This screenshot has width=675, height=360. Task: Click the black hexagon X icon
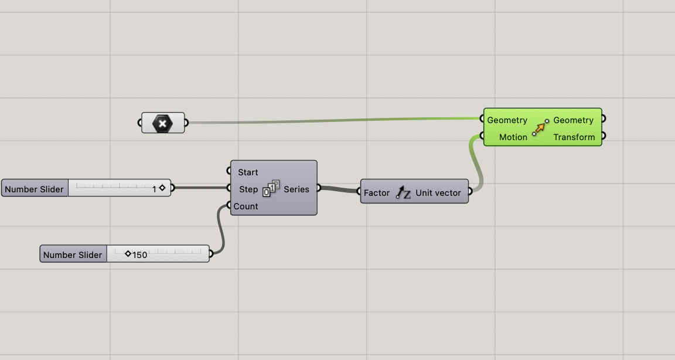163,123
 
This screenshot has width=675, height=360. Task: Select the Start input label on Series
248,172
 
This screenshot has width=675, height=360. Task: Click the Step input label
248,189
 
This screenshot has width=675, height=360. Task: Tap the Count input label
246,206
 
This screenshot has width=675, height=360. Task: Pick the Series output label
296,189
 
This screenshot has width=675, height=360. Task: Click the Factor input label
377,193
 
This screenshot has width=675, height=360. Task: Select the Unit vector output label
438,193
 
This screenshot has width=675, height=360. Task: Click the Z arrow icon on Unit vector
403,192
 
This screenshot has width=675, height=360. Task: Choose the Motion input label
513,137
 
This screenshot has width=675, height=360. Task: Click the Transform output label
574,137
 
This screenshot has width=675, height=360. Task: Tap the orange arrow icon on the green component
540,127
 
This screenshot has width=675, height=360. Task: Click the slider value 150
140,255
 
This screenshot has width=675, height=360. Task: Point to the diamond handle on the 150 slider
128,254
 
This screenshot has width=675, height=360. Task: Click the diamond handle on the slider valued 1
162,189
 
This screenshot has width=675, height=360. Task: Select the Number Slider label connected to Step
34,189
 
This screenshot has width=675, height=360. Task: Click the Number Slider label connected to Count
73,255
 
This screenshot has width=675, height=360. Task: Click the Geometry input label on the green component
507,120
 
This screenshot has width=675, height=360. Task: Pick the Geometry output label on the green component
574,120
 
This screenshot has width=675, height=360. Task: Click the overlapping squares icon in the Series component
271,189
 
